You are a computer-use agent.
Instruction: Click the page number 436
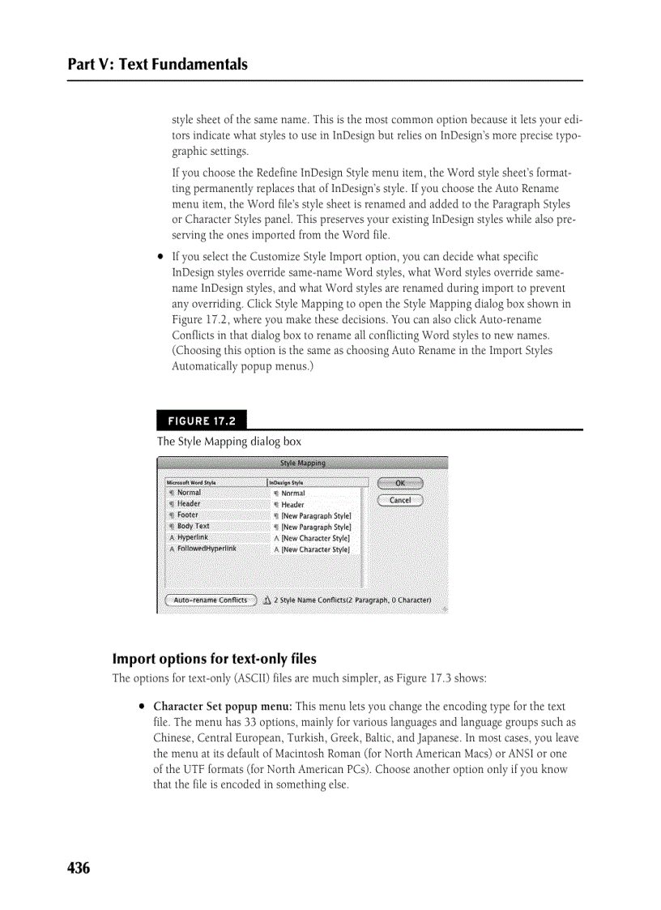pos(79,868)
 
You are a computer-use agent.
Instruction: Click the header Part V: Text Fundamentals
pos(158,64)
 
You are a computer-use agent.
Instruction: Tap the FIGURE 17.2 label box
pos(202,421)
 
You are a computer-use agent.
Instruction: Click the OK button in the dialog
pos(400,483)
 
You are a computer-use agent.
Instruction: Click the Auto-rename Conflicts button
pos(211,600)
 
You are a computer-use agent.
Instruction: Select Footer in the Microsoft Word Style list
pos(188,515)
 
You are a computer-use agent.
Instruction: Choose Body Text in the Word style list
pos(193,527)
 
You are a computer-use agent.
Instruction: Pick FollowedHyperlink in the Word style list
pos(207,549)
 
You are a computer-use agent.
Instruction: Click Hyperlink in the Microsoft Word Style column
pos(193,537)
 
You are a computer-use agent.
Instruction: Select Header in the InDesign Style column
pos(292,505)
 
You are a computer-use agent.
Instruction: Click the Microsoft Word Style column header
pos(192,482)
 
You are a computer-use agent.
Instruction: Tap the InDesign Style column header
pos(286,482)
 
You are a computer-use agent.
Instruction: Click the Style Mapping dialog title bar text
pos(302,464)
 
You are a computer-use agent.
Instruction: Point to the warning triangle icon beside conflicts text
pos(267,600)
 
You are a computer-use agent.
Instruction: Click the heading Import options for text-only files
pos(214,658)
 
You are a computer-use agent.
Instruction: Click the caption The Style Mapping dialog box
pos(228,442)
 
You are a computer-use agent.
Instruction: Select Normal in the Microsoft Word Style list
pos(189,493)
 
